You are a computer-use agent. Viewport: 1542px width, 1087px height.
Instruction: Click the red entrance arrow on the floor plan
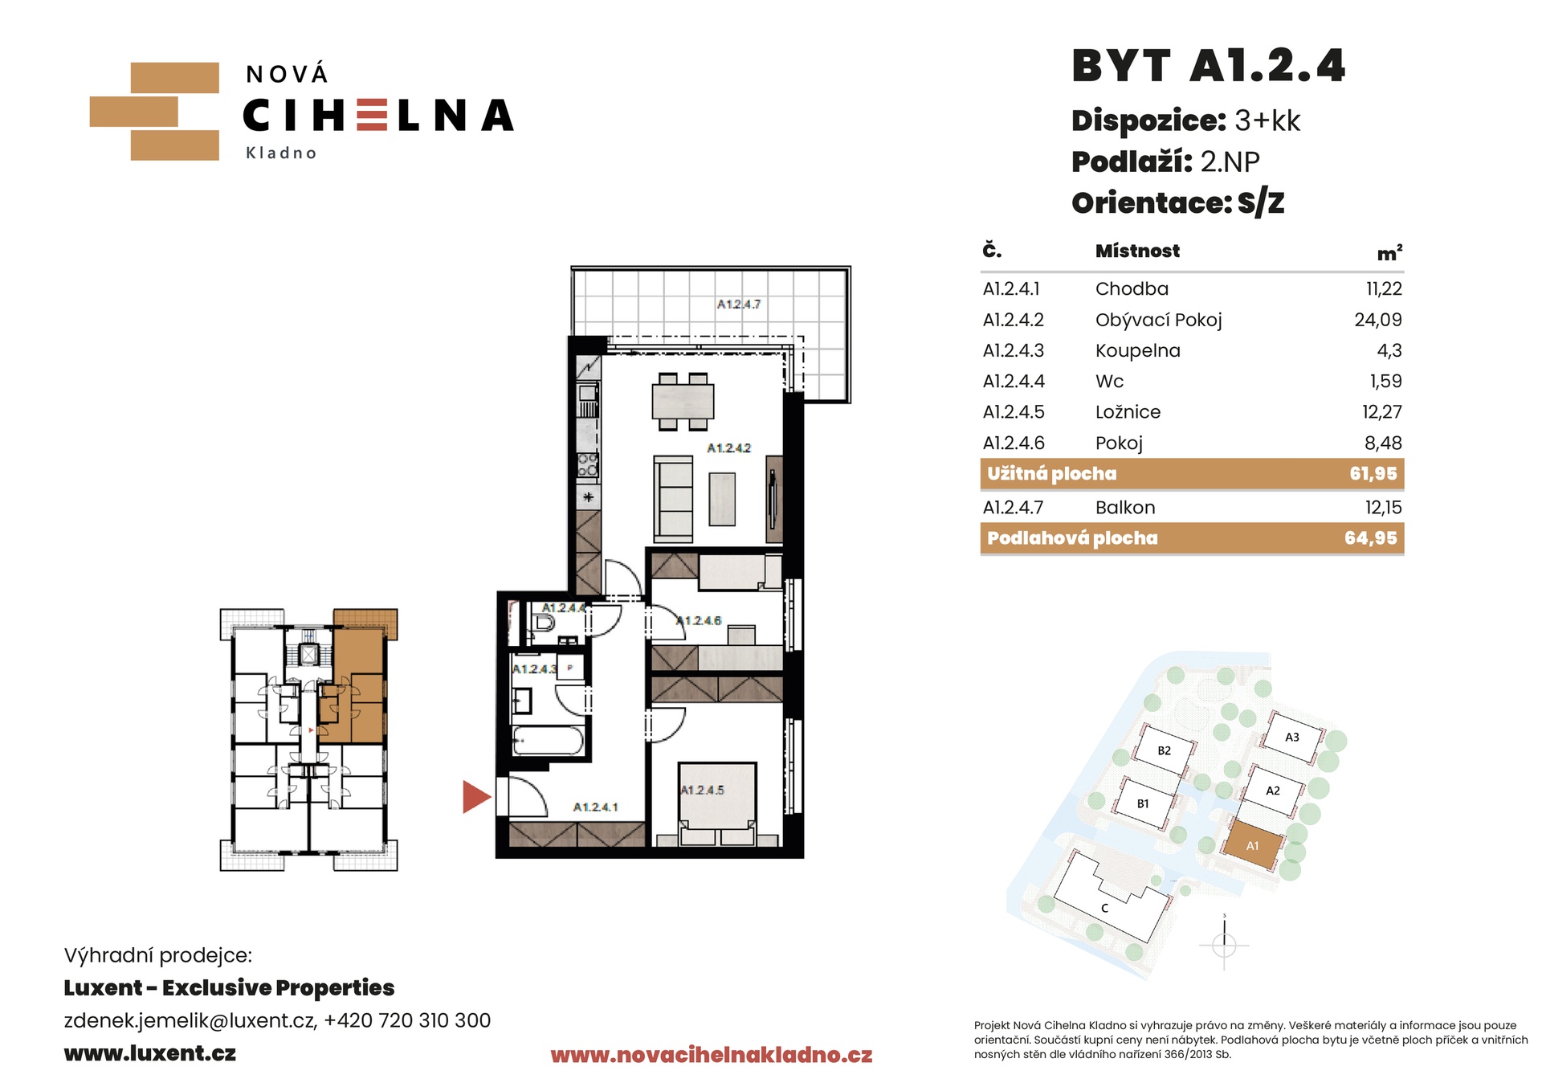(475, 797)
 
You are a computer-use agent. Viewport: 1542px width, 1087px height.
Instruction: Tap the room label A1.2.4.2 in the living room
(728, 448)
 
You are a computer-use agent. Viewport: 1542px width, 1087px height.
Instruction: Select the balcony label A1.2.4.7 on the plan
(739, 304)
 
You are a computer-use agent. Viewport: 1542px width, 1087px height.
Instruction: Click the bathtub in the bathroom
(548, 741)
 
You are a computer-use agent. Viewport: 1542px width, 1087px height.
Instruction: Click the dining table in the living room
(683, 401)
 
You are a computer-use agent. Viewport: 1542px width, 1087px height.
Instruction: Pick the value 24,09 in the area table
(1378, 320)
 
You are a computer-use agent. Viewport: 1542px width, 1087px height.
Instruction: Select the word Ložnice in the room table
(1128, 412)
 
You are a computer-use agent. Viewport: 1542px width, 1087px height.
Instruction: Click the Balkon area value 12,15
(1383, 508)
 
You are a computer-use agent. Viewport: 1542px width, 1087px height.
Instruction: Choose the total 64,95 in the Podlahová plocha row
(1371, 538)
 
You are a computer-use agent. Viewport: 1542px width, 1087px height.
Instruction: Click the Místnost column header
(1137, 251)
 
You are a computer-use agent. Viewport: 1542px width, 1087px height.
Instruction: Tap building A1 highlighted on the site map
(1252, 845)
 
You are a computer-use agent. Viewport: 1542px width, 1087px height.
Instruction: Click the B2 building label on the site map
(1164, 751)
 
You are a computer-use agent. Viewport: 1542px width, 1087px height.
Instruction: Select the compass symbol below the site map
(1224, 943)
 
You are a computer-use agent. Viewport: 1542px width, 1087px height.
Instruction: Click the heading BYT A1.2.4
(1208, 66)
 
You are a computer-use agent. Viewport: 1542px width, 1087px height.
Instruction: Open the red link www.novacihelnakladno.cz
(712, 1055)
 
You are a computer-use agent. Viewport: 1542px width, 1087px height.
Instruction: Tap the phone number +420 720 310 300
(407, 1020)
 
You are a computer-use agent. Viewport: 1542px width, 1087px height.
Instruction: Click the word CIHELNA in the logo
(377, 116)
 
